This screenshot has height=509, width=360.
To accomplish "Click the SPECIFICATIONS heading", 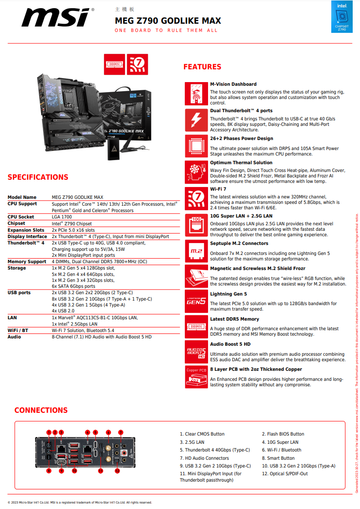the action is coord(38,177).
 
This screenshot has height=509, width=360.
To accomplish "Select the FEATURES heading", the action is coord(202,67).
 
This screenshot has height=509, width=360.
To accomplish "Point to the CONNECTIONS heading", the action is coord(41,410).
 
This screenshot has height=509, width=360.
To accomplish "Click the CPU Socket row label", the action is coord(21,217).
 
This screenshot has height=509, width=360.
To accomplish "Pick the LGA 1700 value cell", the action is coord(62,217).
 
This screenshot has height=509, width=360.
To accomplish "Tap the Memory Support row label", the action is coord(27,262).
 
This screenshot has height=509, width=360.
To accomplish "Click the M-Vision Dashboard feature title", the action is coord(233,84).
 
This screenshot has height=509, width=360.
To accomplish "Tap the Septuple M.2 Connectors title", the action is coord(239,244).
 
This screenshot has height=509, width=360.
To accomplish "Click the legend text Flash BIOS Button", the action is coord(283,434).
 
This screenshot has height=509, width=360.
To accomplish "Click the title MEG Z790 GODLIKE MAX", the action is coord(168,21).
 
